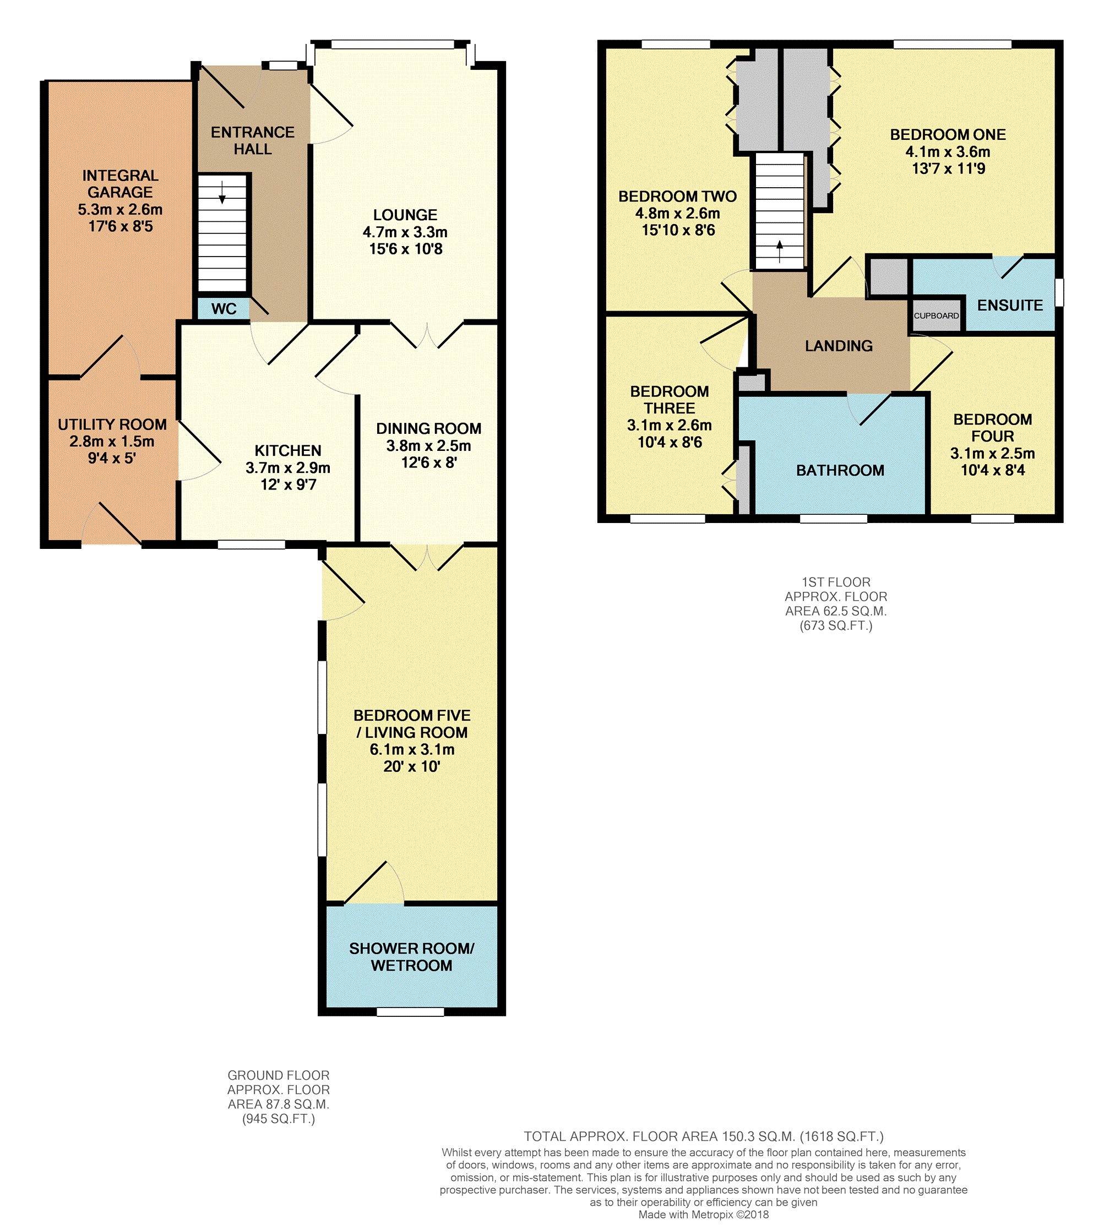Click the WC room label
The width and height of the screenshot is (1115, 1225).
[x=224, y=309]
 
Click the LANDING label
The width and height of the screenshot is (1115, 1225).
[x=839, y=346]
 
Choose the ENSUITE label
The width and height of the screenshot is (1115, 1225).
[x=1010, y=305]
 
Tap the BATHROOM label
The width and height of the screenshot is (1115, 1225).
[x=840, y=470]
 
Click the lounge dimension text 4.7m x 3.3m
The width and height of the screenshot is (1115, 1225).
[x=405, y=232]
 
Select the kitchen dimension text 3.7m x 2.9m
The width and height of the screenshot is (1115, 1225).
[x=288, y=468]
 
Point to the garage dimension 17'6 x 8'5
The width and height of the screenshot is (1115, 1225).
[x=121, y=227]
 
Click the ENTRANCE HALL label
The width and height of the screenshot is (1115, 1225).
[x=253, y=140]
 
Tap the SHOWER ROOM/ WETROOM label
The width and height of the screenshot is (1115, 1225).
[x=411, y=957]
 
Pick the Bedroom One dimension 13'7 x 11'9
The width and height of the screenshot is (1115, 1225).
[x=948, y=168]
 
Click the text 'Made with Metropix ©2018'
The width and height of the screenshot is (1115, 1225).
[x=703, y=1215]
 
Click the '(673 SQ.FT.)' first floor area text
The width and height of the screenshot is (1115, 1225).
[x=835, y=625]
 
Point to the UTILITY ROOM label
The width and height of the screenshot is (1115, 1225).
[x=112, y=424]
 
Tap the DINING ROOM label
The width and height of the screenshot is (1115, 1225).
[x=428, y=428]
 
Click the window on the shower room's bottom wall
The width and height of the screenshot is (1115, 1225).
[x=410, y=1012]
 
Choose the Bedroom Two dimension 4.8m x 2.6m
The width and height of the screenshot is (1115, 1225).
[x=677, y=213]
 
